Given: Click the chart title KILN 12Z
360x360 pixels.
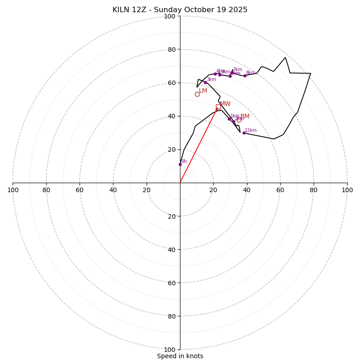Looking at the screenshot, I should (x=180, y=10).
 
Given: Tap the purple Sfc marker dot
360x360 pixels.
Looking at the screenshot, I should (x=180, y=164).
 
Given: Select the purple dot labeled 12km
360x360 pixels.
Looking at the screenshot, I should (x=244, y=133).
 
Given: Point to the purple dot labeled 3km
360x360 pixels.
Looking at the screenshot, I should (x=205, y=82).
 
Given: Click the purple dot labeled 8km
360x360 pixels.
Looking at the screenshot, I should (x=245, y=76).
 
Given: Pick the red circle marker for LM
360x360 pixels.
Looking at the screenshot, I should (x=197, y=94).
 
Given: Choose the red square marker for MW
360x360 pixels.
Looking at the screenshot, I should (x=218, y=107).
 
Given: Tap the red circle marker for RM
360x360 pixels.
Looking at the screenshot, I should (x=239, y=119).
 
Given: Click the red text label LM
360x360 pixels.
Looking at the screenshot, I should (x=203, y=91).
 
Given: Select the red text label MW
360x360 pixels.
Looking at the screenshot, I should (x=225, y=104).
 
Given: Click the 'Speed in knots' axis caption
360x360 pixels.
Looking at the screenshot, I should (x=180, y=356).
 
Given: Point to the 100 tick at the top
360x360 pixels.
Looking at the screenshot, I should (x=170, y=16).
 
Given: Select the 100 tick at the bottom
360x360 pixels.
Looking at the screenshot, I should (x=170, y=349).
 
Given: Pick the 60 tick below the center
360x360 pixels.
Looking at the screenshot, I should (x=171, y=283).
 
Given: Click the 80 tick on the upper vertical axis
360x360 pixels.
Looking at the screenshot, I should (x=171, y=49).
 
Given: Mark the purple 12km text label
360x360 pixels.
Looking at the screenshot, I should (x=251, y=130).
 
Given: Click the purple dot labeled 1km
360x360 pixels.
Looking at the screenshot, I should (x=229, y=119).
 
